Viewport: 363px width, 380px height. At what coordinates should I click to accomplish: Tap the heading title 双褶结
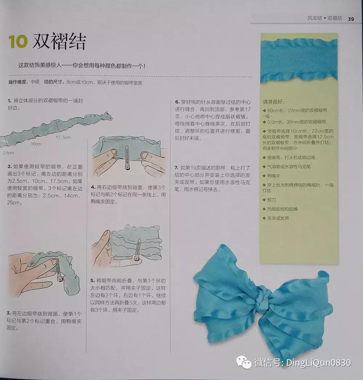click(x=59, y=42)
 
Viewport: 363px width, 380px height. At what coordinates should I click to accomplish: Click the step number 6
click(x=178, y=102)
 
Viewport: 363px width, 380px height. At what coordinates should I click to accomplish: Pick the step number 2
click(x=9, y=167)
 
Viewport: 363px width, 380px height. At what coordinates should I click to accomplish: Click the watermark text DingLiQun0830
click(x=318, y=362)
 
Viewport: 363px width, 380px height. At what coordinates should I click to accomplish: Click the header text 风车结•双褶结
click(x=325, y=18)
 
